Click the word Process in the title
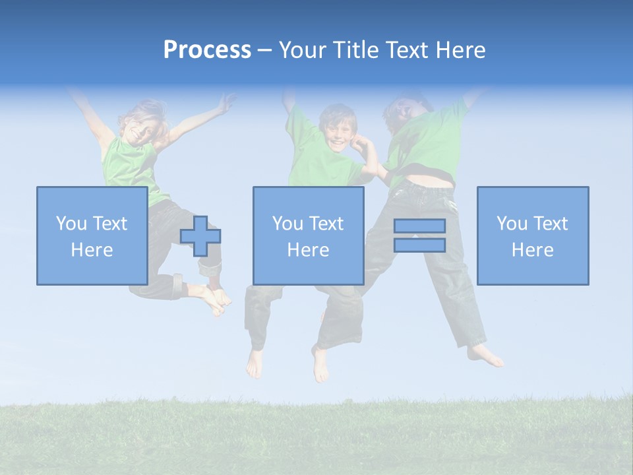207,50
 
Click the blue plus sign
200,236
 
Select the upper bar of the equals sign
419,226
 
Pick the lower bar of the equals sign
419,245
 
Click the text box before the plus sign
92,236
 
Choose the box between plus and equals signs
308,236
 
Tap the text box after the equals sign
532,236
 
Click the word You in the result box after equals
512,224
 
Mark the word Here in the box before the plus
92,250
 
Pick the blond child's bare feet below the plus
216,298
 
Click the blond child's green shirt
129,165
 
